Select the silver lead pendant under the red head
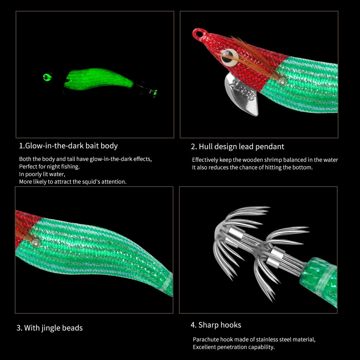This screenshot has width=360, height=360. point(241,94)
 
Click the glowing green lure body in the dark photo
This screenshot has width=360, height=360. point(98,79)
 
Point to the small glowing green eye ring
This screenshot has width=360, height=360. point(47,77)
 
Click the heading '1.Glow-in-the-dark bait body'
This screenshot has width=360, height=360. point(68,146)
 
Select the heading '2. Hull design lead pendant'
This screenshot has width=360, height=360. point(237,147)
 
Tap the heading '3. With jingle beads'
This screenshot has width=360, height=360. point(49,328)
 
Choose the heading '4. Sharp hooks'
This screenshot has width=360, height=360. point(216,325)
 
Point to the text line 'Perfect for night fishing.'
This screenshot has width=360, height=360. point(49,166)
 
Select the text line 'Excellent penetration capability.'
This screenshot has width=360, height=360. point(234,347)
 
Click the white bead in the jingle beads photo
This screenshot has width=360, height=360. point(36,243)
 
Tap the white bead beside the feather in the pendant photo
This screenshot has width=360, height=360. point(282,81)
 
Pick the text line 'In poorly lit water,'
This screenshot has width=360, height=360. point(42,174)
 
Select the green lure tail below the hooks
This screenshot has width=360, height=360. point(319,281)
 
